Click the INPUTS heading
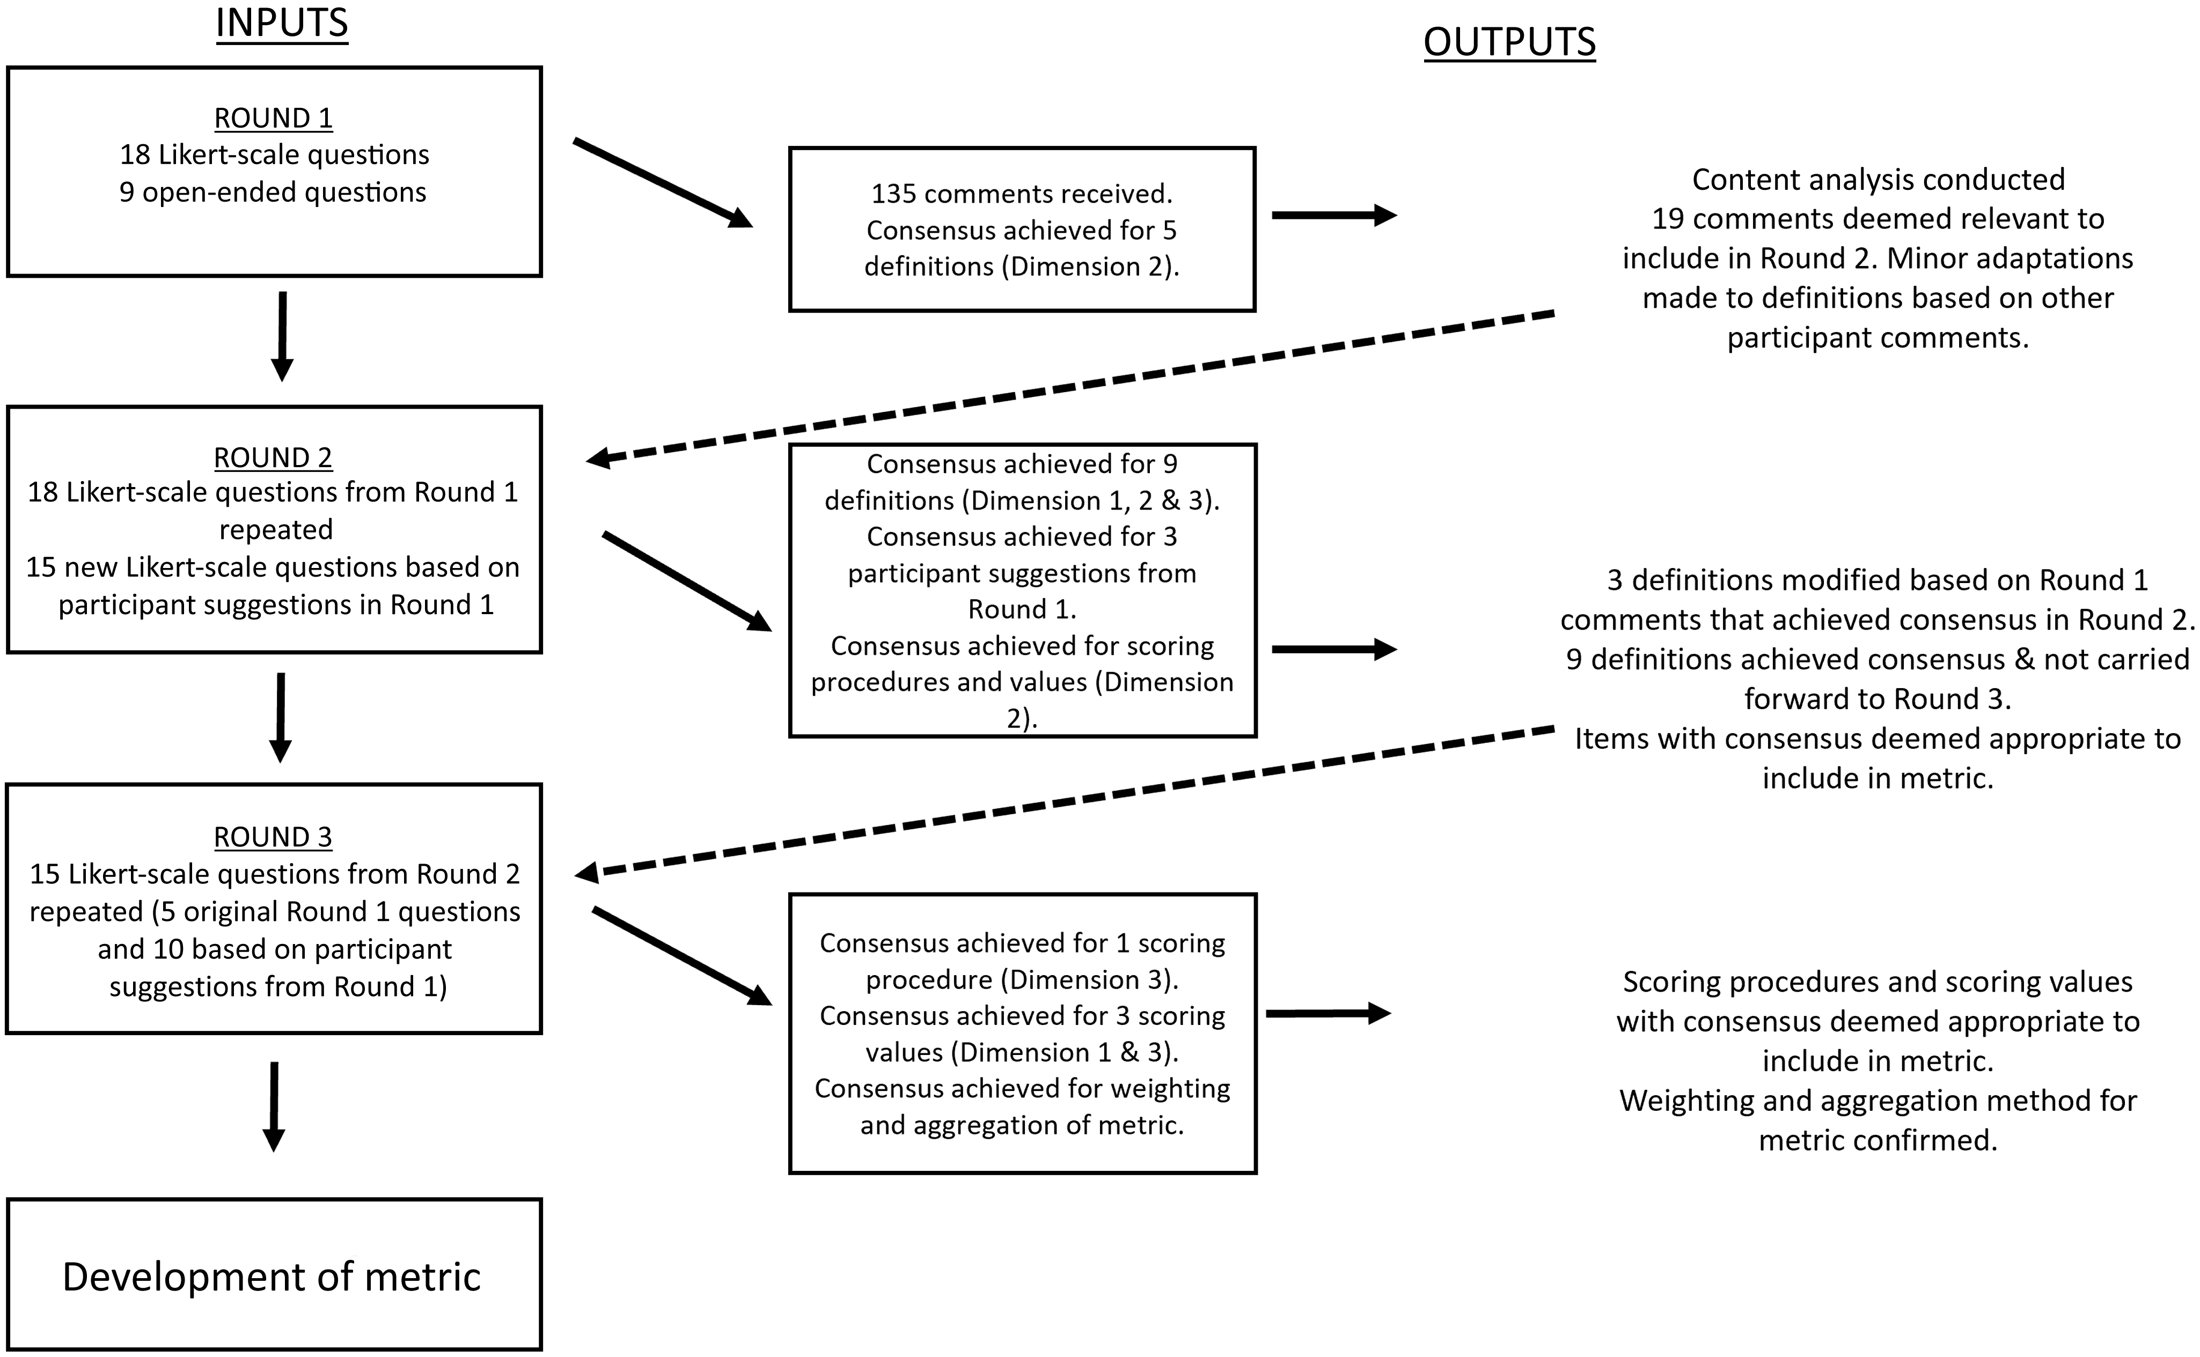click(281, 23)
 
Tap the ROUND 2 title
click(273, 457)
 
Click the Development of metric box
click(273, 1275)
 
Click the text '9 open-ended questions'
click(273, 192)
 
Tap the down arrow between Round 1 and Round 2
click(282, 336)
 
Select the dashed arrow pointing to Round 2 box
click(1068, 388)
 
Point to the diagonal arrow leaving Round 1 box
click(663, 183)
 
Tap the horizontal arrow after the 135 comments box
click(1334, 216)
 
